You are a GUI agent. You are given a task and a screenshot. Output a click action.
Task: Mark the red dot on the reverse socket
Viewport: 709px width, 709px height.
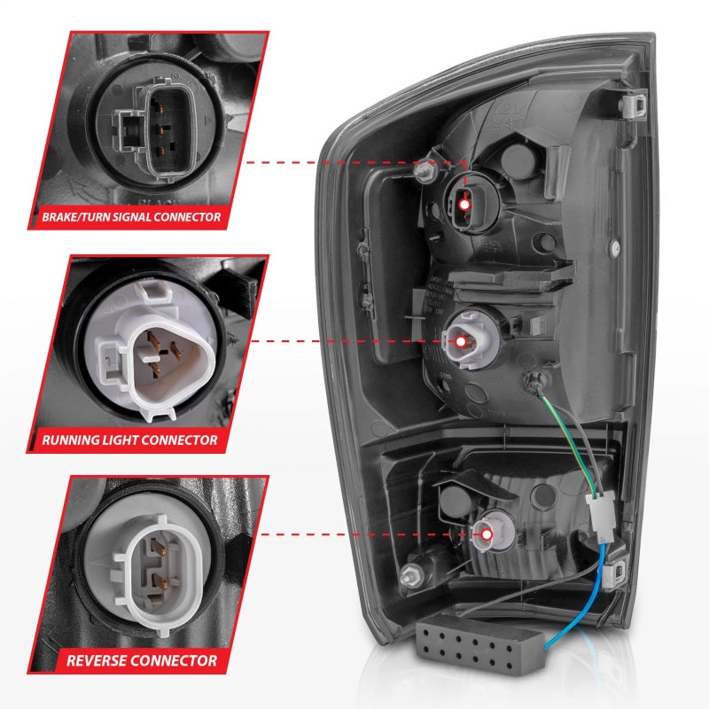tap(487, 534)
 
